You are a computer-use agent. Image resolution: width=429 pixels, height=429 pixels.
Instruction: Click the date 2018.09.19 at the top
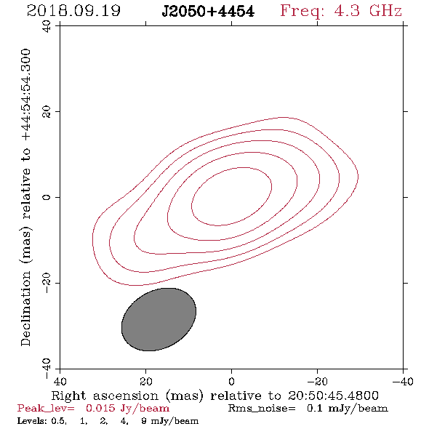click(73, 11)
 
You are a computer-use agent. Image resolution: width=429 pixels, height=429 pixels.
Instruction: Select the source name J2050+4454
click(208, 11)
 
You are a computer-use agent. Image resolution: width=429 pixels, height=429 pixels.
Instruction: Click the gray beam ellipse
click(159, 319)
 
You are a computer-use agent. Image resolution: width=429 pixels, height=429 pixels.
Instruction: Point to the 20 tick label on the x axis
click(145, 381)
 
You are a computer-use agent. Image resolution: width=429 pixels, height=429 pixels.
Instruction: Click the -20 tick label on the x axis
click(317, 381)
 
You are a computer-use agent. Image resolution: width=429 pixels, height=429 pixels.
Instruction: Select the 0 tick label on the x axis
click(231, 381)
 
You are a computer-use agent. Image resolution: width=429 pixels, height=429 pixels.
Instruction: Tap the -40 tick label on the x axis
click(403, 381)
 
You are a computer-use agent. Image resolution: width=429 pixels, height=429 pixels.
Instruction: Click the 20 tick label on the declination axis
click(47, 112)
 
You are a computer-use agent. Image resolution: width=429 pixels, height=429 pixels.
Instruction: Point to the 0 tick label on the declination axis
click(47, 197)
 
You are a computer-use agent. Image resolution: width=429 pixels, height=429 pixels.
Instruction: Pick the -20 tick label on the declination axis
click(47, 283)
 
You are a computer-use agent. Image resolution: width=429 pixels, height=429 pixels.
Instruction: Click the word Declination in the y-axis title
click(25, 308)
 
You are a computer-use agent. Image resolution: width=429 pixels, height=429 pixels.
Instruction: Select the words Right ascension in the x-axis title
click(105, 396)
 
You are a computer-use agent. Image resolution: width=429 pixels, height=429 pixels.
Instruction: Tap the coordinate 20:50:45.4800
click(333, 396)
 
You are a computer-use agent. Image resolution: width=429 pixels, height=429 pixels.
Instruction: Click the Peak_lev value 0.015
click(100, 408)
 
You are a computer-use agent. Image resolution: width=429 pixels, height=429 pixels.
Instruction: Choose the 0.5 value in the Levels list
click(59, 421)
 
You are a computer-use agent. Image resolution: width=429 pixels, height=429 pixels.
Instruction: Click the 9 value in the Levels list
click(144, 421)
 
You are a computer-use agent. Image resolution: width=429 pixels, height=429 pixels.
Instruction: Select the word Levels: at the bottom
click(32, 421)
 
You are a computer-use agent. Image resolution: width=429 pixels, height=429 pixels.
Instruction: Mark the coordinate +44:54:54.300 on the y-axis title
click(25, 95)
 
